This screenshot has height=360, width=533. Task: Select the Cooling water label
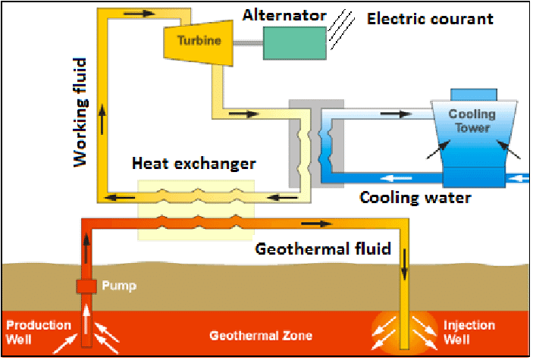point(415,198)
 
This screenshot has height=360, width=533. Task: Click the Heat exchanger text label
point(193,163)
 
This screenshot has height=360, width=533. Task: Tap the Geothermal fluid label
point(322,249)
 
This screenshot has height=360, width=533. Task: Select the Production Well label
point(39,331)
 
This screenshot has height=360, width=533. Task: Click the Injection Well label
point(469,331)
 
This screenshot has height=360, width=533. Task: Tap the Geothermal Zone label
point(261,335)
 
